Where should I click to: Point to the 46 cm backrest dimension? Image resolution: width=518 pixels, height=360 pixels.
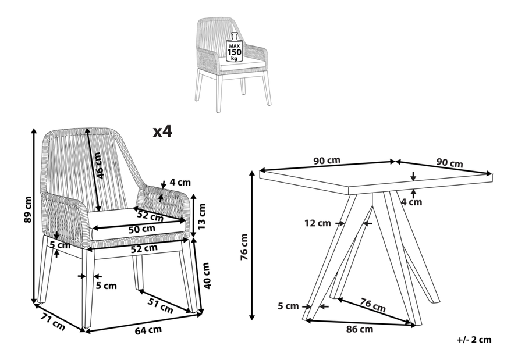point(98,165)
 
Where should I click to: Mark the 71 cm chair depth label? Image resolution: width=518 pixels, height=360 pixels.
point(52,320)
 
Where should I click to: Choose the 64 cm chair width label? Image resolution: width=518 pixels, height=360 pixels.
point(148,330)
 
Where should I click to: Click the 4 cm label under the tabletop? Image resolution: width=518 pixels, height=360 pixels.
point(411,202)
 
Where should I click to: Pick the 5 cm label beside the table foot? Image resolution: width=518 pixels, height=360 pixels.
point(288,306)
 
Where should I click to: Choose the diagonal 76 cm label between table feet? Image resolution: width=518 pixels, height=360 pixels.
point(372,305)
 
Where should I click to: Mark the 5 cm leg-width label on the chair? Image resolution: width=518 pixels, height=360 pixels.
point(106,285)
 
